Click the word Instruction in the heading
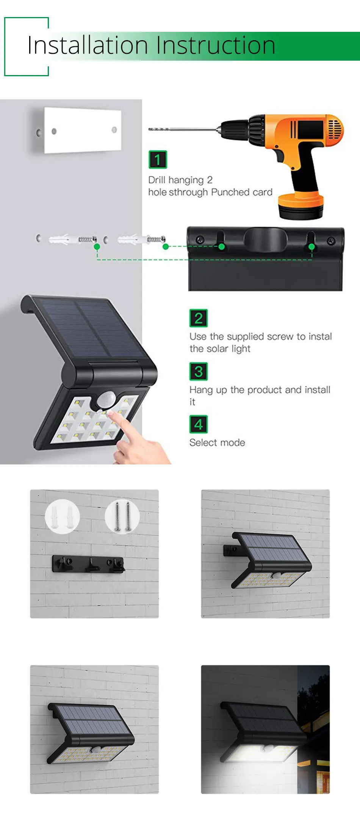tap(216, 45)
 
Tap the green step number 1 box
tap(158, 160)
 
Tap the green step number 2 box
tap(199, 318)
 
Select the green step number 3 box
tap(199, 372)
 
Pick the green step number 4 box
tap(199, 424)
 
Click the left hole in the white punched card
tap(54, 131)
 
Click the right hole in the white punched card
tap(114, 130)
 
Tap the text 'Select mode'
tap(217, 442)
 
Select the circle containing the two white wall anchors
tap(63, 516)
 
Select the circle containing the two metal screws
tap(122, 516)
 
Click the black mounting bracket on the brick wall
tap(88, 564)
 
